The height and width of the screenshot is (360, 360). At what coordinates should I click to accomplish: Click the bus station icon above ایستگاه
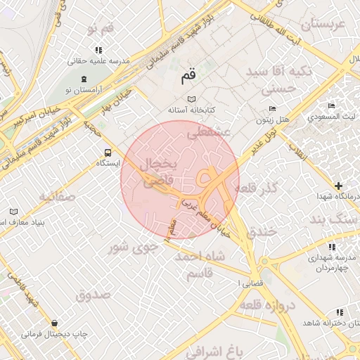108,152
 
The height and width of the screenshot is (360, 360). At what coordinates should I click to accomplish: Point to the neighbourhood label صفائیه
56,196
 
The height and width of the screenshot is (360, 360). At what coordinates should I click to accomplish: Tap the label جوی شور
131,247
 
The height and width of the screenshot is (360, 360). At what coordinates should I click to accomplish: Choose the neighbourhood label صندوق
94,295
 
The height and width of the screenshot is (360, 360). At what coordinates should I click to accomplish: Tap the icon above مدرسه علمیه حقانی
98,50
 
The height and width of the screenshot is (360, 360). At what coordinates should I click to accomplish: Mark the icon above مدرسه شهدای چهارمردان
330,246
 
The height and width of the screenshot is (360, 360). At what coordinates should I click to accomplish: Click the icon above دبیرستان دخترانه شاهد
340,311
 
